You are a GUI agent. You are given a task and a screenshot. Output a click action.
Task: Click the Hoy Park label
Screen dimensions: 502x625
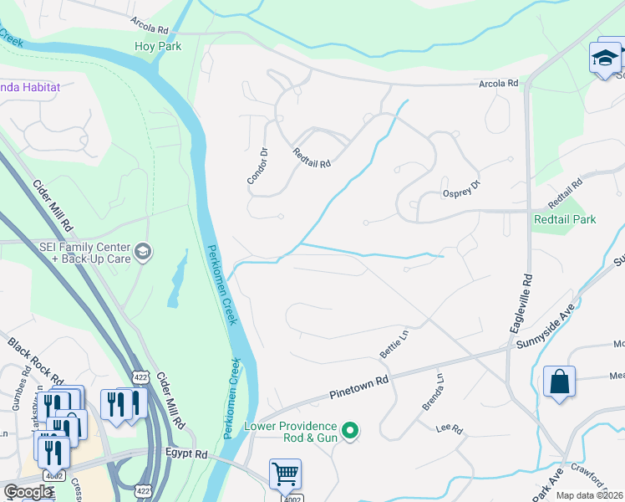pos(158,46)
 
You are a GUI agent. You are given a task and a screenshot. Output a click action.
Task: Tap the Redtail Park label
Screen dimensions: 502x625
pos(565,219)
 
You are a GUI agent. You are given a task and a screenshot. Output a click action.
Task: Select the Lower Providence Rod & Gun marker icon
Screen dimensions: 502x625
pos(351,432)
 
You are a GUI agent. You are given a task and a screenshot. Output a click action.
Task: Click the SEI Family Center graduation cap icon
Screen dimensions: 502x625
pos(143,252)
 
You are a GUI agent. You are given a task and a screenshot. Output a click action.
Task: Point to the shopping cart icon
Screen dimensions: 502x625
pos(285,474)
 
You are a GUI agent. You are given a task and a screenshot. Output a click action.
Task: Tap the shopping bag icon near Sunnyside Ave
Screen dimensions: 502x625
pos(559,382)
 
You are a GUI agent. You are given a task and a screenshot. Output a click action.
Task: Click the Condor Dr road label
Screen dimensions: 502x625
pos(257,166)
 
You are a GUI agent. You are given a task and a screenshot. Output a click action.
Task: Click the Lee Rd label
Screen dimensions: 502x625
pos(449,429)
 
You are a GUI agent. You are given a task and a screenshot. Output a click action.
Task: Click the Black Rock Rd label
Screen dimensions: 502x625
pos(37,361)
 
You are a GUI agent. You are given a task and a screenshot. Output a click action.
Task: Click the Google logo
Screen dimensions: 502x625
pos(28,492)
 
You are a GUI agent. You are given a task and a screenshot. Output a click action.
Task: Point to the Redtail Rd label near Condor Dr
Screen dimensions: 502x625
pos(312,157)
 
